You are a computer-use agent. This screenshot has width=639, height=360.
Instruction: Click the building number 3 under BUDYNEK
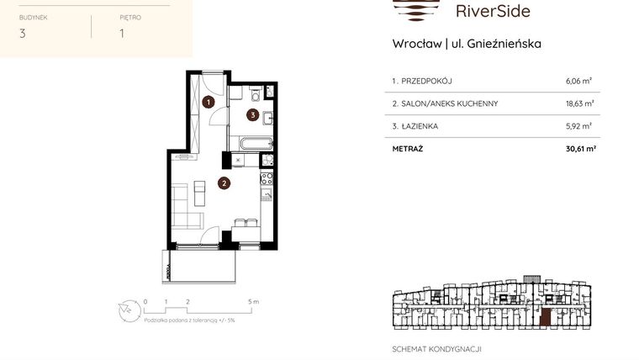(x=22, y=34)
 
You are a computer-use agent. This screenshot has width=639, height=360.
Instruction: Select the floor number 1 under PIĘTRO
(x=122, y=34)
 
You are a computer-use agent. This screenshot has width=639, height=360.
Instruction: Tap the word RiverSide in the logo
(x=492, y=11)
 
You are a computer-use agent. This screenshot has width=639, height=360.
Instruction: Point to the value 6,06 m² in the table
(x=578, y=82)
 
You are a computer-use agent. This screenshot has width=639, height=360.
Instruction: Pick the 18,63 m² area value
(x=580, y=103)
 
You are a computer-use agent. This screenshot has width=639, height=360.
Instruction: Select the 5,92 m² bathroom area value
(x=578, y=126)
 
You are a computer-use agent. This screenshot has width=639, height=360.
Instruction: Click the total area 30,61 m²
(x=579, y=148)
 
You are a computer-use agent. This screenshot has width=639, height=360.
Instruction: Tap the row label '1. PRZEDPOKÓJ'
(x=422, y=82)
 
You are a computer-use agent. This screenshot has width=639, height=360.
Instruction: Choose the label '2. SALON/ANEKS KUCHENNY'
(x=445, y=103)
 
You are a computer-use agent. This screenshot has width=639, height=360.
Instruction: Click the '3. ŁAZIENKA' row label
(x=415, y=126)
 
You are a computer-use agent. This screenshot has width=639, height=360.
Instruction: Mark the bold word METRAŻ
(x=408, y=148)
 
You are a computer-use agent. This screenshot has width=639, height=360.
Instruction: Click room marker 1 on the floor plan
(x=209, y=103)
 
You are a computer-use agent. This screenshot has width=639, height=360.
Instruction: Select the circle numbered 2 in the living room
(x=224, y=182)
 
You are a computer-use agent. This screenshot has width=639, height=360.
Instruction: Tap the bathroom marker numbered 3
(x=251, y=114)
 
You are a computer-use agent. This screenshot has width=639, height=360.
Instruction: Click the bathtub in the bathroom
(x=251, y=142)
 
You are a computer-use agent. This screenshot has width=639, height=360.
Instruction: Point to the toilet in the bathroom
(x=254, y=95)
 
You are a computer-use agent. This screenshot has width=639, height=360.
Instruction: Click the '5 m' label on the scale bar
(x=253, y=300)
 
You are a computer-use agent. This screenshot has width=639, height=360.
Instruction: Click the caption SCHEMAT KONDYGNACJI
(x=437, y=348)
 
